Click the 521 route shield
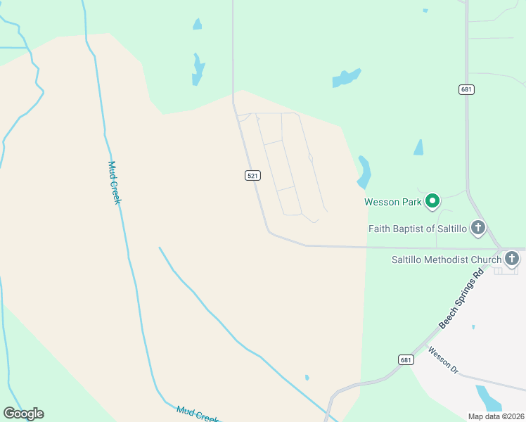coord(254,175)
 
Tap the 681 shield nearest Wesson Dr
coord(406,359)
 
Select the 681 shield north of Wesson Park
coord(466,89)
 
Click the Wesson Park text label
coord(392,202)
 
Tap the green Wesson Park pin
coord(433,202)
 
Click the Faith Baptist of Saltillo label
coord(418,229)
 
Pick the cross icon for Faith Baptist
coord(478,227)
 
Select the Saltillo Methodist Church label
coord(446,260)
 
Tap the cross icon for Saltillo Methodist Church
coord(511,259)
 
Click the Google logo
coord(23,414)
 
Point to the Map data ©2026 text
coord(496,416)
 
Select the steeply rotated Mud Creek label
coord(115,182)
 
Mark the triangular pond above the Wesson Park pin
coord(419,148)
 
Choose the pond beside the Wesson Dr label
coord(489,397)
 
